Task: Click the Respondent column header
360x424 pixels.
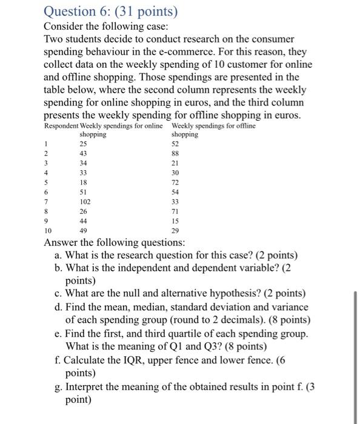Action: [x=61, y=126]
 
